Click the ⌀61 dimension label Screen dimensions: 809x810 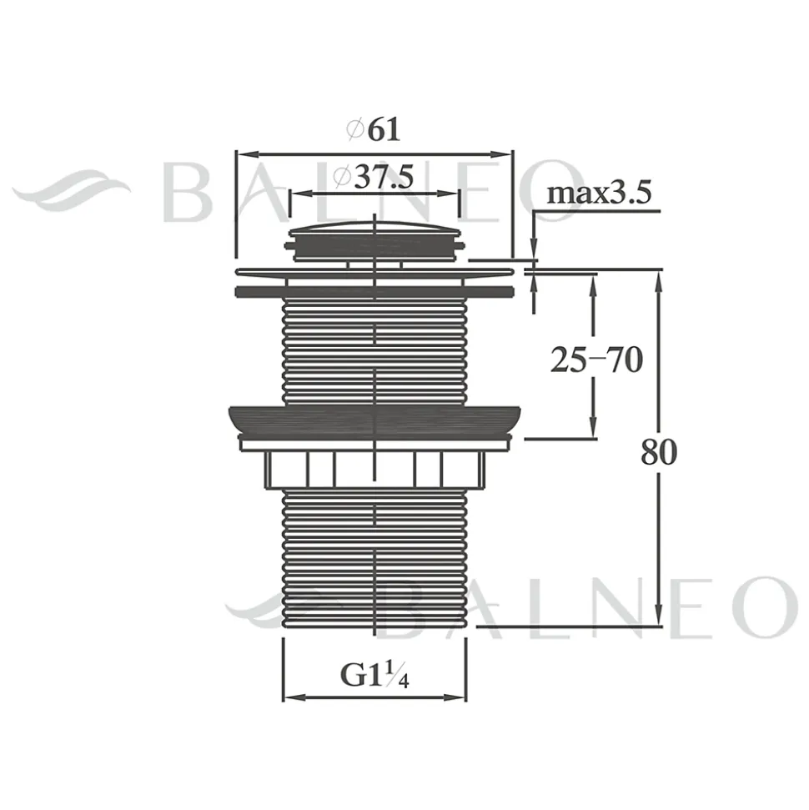(374, 129)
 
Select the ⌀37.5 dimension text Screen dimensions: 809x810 (374, 177)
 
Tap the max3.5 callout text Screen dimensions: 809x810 (599, 194)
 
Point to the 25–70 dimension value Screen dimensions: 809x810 (596, 360)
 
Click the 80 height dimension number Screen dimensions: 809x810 (659, 452)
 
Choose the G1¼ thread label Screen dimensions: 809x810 (374, 674)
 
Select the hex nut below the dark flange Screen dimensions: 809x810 (374, 469)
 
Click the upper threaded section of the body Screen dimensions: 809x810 (374, 351)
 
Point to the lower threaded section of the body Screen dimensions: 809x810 (374, 558)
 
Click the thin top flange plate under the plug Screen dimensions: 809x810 (374, 271)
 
